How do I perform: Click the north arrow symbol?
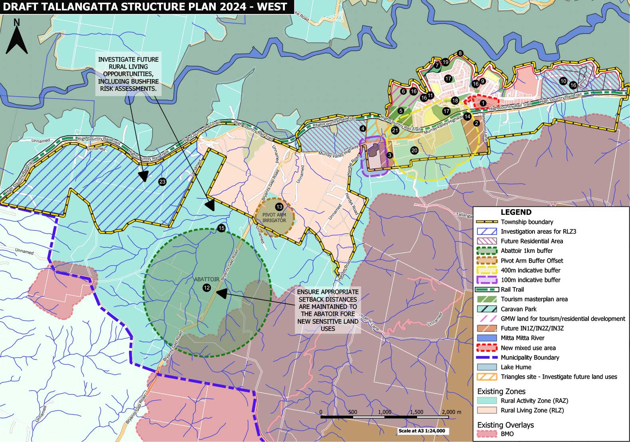tap(17, 38)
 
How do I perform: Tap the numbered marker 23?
tap(162, 182)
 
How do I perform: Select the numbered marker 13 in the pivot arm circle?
tap(279, 207)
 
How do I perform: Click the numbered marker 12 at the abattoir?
tap(207, 287)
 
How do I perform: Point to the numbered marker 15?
tap(221, 228)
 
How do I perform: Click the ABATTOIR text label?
tap(207, 279)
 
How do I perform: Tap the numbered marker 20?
tap(414, 150)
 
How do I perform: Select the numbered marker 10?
tap(563, 81)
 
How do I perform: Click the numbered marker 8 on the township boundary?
tap(460, 53)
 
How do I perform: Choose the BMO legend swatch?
tap(487, 434)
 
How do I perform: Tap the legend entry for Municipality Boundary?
tap(530, 358)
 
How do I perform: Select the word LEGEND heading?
tap(516, 212)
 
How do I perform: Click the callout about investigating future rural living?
tap(128, 74)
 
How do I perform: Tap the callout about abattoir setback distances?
tap(327, 310)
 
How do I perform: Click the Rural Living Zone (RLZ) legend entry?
tap(532, 410)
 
